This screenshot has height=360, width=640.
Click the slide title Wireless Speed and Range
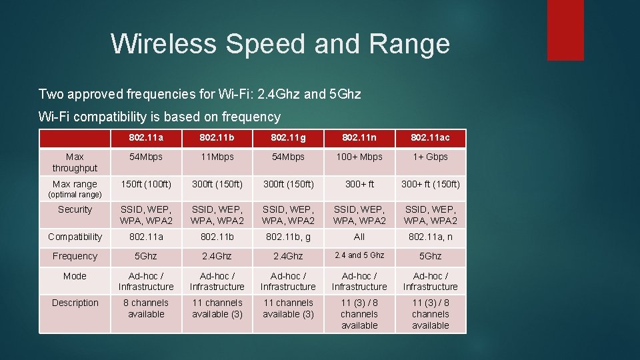[x=280, y=44]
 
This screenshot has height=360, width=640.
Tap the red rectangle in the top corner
[x=565, y=30]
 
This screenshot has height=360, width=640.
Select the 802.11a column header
[x=146, y=137]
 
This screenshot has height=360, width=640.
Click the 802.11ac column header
[x=430, y=137]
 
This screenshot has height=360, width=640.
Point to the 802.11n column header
[x=359, y=137]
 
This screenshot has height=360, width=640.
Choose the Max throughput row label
[x=75, y=162]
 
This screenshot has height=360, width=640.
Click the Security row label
[x=75, y=209]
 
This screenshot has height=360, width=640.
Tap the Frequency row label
[x=75, y=256]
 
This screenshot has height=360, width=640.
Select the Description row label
[x=75, y=303]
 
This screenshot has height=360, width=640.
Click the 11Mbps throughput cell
[x=217, y=157]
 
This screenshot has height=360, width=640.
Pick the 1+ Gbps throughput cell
[x=430, y=157]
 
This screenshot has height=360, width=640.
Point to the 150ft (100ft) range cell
[x=146, y=184]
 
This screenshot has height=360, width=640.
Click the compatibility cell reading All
[x=359, y=237]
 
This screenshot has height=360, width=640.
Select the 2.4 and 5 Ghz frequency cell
[x=359, y=255]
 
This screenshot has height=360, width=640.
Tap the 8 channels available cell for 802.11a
[x=146, y=308]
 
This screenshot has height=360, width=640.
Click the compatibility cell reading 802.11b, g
[x=288, y=237]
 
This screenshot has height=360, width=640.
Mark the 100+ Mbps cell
[x=359, y=157]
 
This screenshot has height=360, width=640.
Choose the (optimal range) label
[x=75, y=195]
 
